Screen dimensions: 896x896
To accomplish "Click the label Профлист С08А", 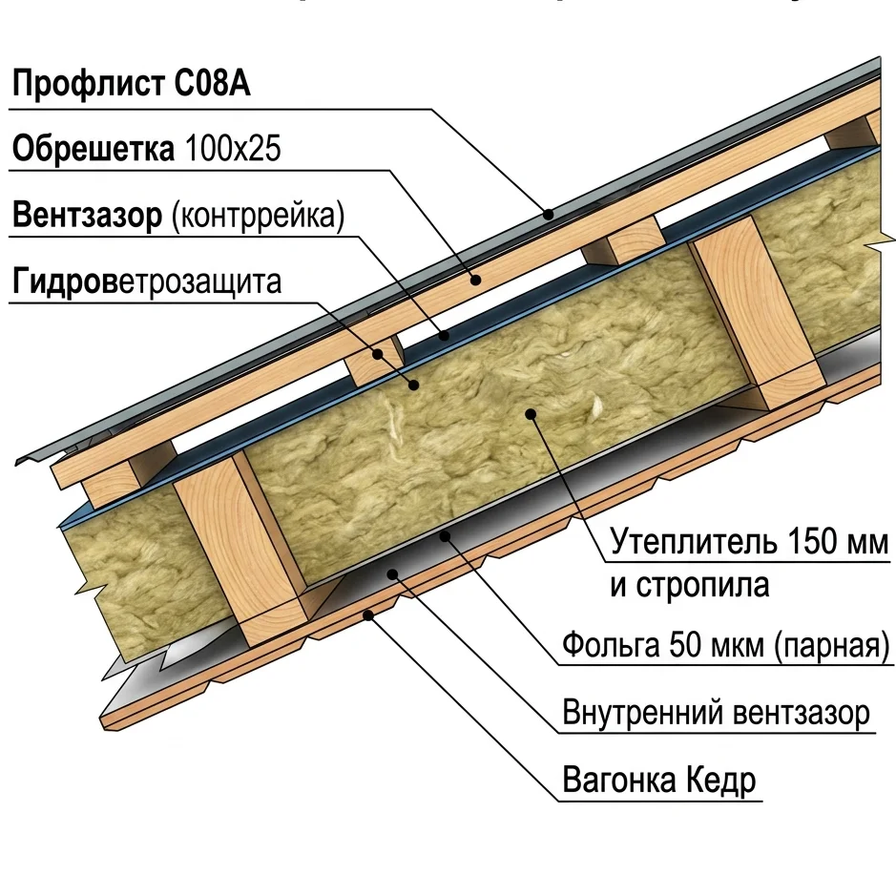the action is point(131,83).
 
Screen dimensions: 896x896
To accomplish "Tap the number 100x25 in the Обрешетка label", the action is point(233,149).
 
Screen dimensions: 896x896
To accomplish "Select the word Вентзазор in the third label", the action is point(88,216).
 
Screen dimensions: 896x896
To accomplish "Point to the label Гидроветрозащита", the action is point(147,281).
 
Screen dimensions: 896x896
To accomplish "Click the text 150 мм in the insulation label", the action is point(838,542).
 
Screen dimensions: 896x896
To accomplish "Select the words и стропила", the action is point(690,585).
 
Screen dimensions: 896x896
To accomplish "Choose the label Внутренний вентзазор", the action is point(716,713).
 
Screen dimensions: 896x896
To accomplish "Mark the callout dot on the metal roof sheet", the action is point(549,215).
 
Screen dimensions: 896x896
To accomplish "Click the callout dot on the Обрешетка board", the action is point(475,280).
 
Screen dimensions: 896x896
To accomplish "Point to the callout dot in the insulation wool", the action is point(531,414).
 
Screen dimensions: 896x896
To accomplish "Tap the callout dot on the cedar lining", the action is point(369,615).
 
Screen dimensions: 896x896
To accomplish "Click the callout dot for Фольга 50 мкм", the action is point(445,536).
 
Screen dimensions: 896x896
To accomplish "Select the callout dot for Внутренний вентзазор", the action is point(392,573).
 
